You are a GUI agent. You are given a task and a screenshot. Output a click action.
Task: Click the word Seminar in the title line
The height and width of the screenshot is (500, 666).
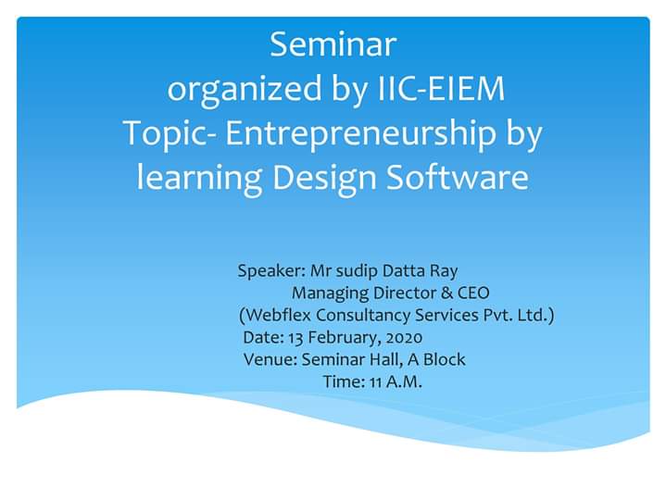pos(333,44)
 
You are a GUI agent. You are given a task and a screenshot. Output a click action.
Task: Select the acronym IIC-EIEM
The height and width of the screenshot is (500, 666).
pos(441,88)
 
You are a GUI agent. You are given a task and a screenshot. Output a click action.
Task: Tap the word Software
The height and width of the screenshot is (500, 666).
pos(458,177)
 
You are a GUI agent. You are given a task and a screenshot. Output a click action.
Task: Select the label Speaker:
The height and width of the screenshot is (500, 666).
pos(271,271)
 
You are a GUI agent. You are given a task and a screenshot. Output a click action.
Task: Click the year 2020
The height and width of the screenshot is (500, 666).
pos(405,338)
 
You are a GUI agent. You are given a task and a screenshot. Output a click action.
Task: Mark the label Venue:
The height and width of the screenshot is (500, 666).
pos(270,360)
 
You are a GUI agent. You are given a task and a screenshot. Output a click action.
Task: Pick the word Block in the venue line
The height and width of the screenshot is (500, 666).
pos(445,359)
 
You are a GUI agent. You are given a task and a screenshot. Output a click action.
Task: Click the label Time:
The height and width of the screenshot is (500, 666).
pos(344,382)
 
